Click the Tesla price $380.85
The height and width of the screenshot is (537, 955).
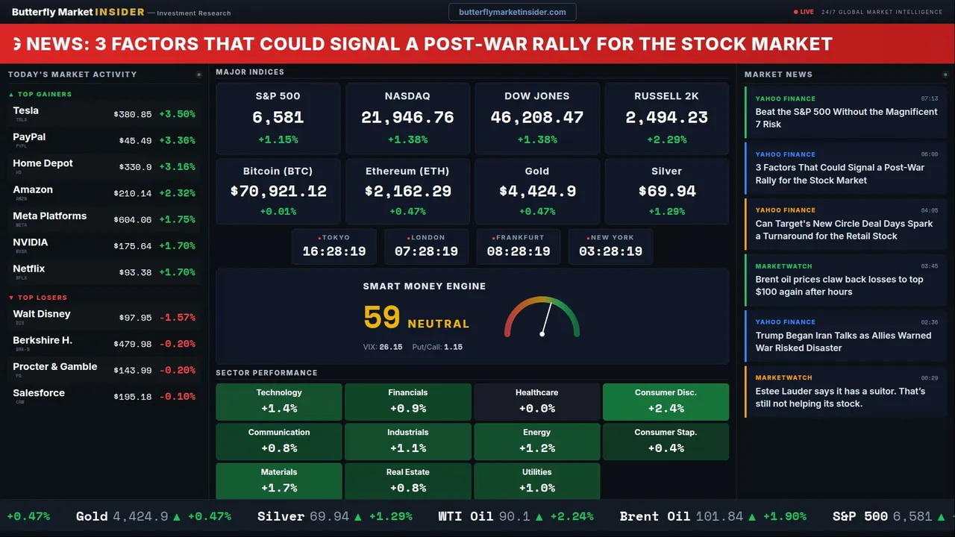[133, 115]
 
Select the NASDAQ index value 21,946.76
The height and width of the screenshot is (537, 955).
[407, 118]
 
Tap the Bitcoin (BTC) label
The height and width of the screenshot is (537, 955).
[278, 172]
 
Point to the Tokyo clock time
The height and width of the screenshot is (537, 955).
[334, 251]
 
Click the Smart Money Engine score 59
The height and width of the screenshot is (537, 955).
[382, 318]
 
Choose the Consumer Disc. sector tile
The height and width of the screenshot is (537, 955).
[666, 401]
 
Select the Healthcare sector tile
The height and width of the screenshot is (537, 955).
[536, 401]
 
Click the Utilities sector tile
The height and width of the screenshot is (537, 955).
[536, 481]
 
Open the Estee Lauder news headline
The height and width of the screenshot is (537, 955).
[840, 398]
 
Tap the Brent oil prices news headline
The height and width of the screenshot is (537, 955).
[839, 286]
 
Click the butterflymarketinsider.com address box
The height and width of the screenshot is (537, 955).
[513, 12]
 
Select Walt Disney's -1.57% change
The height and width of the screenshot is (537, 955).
[178, 318]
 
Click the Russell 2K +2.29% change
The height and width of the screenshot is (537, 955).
[666, 139]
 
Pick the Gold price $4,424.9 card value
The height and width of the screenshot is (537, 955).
[537, 192]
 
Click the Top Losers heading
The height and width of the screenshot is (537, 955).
[42, 298]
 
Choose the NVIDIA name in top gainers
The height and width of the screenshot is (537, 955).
[31, 242]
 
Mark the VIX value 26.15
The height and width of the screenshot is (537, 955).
[391, 347]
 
